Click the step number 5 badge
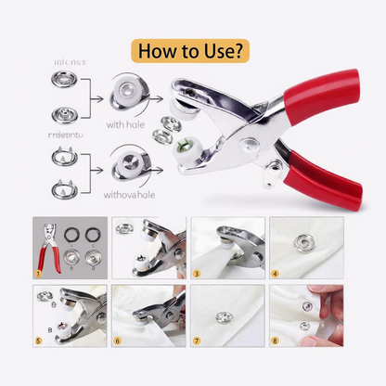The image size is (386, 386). (x=37, y=341)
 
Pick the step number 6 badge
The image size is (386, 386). (x=117, y=341)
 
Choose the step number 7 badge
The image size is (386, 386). (x=197, y=341)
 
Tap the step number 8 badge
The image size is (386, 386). (x=276, y=341)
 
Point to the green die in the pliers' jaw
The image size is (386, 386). (x=211, y=143)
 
